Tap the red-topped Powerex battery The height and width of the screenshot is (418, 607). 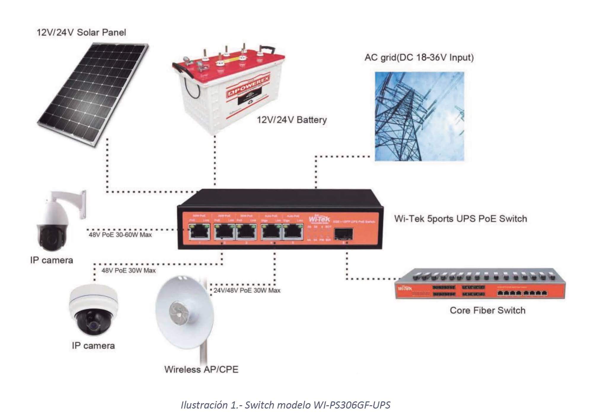pos(228,89)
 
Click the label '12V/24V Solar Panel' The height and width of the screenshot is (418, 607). pos(81,32)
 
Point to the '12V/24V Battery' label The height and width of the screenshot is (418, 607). pos(292,120)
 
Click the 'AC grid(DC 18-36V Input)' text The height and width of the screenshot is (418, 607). pos(419,57)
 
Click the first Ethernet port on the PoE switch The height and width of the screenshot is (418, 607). pos(199,231)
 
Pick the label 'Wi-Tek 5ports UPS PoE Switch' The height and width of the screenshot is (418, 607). pos(461,219)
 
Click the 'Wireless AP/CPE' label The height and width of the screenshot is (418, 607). pos(201,369)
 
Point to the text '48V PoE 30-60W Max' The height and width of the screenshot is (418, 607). pos(120,235)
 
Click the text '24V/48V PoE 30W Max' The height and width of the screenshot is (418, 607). pos(247,290)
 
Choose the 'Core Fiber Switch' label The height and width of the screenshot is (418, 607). pos(487,310)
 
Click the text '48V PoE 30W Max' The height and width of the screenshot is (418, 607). pos(128,271)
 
